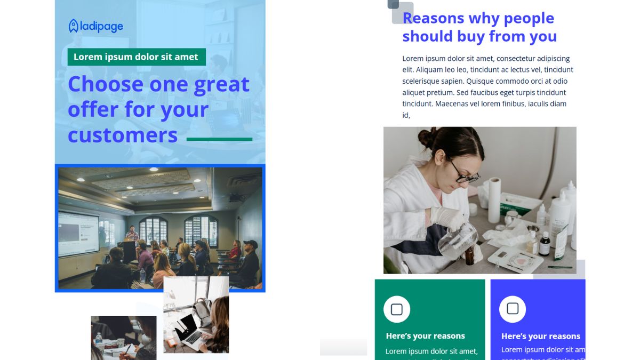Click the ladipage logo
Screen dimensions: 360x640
tap(96, 26)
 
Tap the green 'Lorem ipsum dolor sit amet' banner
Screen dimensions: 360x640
tap(136, 57)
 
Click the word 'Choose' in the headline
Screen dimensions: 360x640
tap(105, 84)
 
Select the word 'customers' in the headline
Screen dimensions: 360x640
tap(123, 135)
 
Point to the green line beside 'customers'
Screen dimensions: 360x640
tap(219, 139)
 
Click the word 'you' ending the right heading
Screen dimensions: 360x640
tap(543, 36)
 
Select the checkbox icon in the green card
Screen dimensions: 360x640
tap(396, 309)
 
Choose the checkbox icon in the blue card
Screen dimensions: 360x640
tap(512, 309)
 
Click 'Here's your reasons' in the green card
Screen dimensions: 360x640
tap(425, 336)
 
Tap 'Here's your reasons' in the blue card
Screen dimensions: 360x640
tap(540, 336)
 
